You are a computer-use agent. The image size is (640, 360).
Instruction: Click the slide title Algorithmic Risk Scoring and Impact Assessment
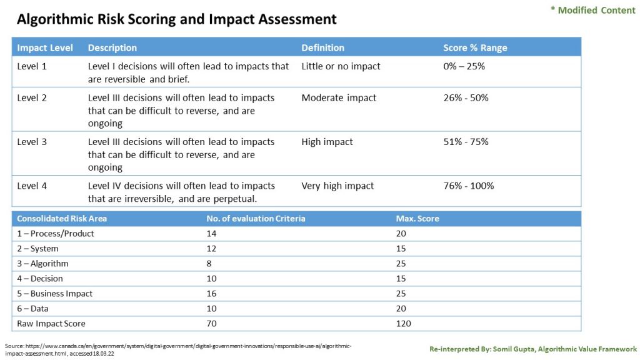point(176,19)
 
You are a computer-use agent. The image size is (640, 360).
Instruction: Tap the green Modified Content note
point(592,10)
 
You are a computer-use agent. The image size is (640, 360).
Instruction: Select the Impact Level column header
point(45,48)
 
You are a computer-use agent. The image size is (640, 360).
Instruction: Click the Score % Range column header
point(475,48)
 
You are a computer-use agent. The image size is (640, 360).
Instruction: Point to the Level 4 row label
point(32,186)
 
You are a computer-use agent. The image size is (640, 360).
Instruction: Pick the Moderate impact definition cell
point(339,97)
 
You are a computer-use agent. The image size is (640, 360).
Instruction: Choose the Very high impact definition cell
point(337,186)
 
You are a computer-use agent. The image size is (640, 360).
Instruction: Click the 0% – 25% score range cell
point(464,66)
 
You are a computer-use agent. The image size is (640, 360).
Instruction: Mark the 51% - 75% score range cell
point(466,142)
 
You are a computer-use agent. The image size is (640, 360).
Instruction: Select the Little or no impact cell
point(341,66)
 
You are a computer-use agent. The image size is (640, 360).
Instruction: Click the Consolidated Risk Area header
point(62,219)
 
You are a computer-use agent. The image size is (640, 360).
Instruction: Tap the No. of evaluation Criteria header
point(256,219)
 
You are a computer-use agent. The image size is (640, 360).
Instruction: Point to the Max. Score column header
point(417,219)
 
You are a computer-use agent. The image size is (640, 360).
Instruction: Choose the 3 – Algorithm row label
point(42,264)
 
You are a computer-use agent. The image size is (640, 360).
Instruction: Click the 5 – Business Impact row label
point(54,294)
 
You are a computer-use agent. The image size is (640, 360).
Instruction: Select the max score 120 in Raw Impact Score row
point(404,324)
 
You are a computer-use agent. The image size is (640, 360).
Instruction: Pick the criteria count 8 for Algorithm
point(209,264)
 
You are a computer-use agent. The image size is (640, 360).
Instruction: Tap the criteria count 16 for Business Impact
point(212,294)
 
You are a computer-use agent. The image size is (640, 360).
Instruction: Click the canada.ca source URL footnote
point(177,349)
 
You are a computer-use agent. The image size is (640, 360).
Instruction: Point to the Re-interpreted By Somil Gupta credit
point(532,349)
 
